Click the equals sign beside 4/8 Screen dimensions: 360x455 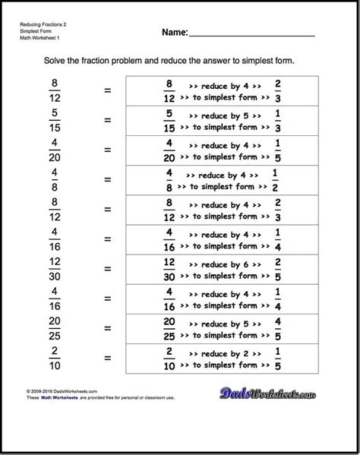[107, 180]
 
